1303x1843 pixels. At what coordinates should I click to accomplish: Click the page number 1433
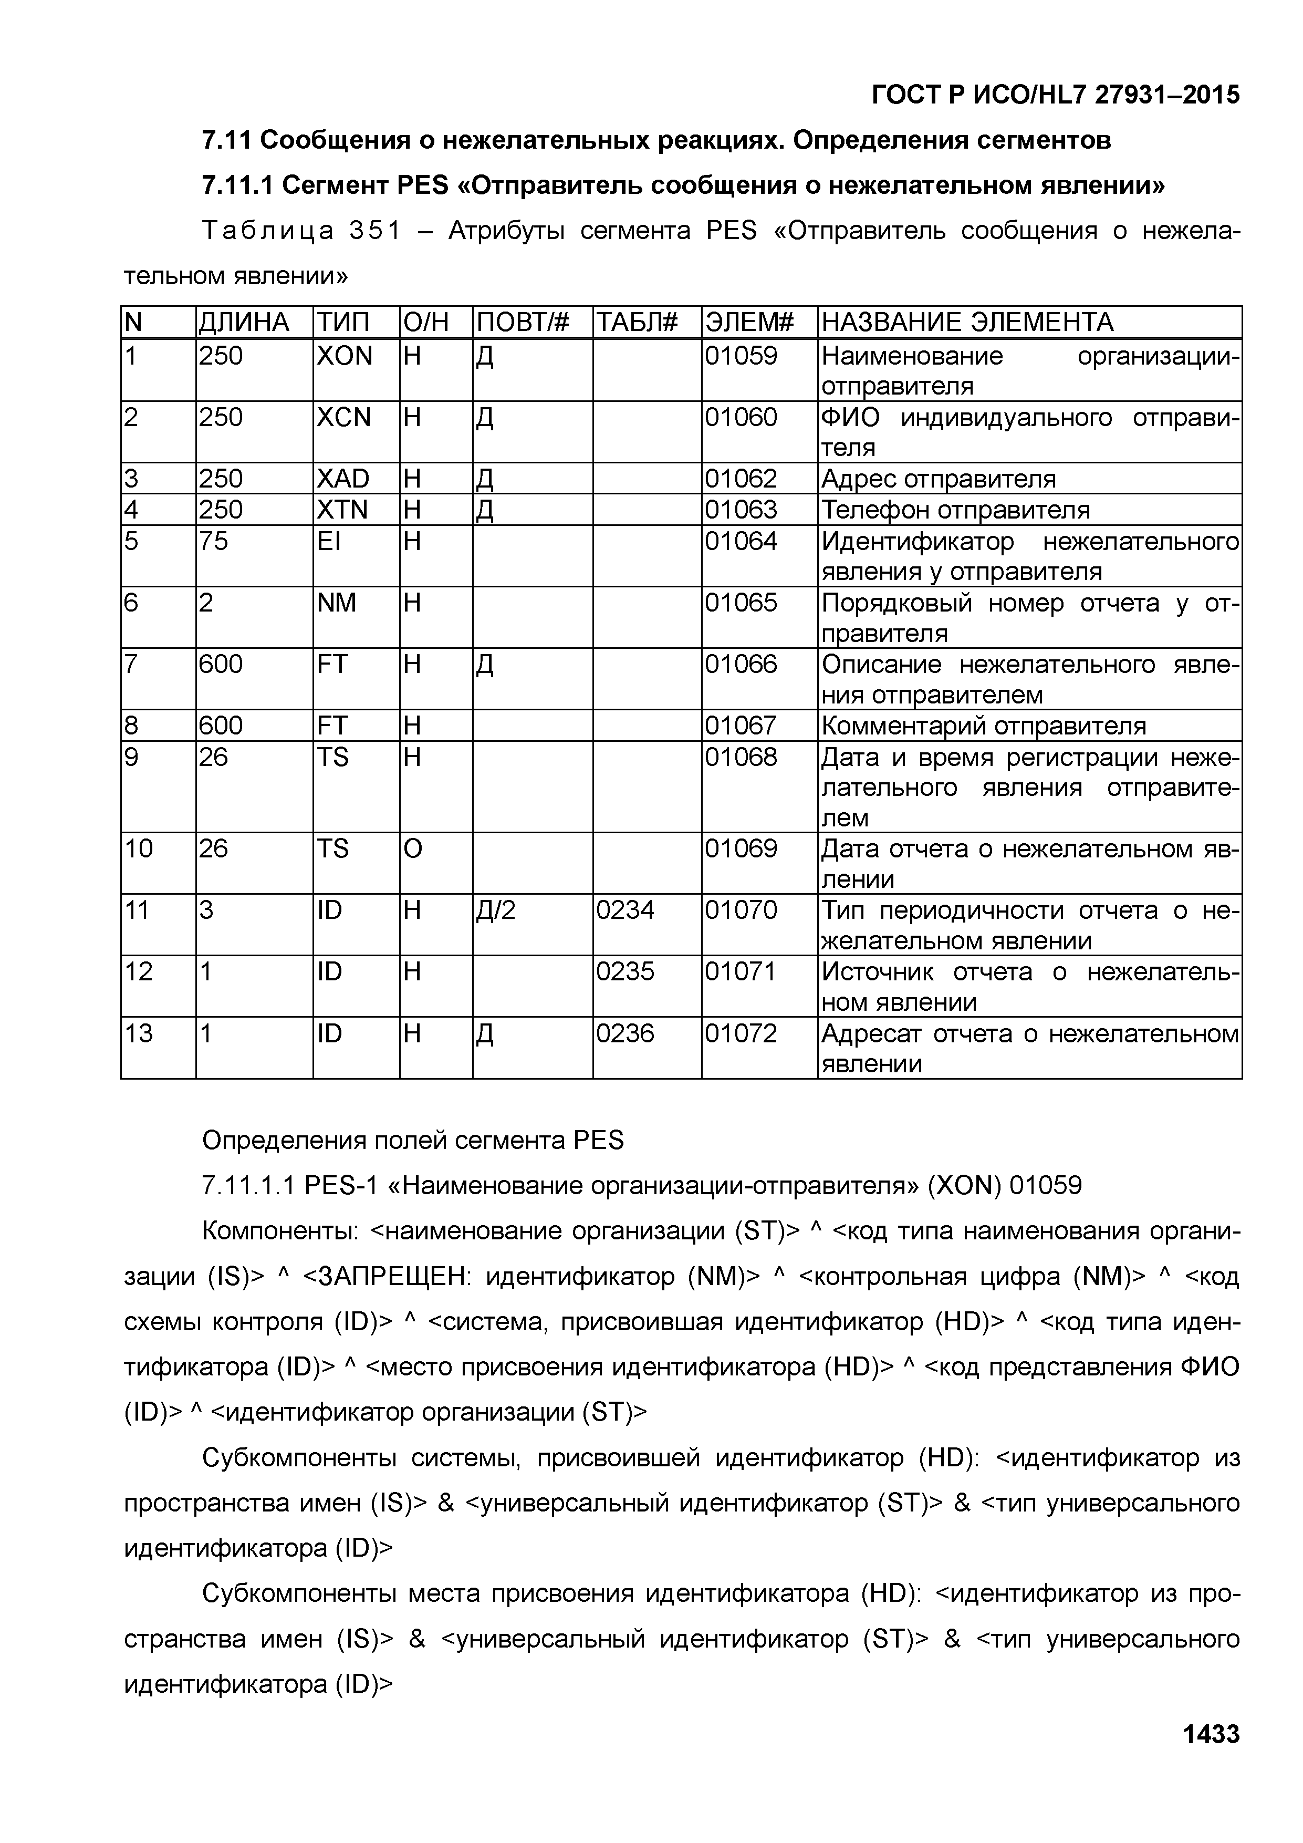1211,1734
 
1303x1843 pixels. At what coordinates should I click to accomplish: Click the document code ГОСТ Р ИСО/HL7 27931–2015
1055,95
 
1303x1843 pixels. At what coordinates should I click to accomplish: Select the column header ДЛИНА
244,323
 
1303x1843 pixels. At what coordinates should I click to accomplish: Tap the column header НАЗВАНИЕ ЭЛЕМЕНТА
967,323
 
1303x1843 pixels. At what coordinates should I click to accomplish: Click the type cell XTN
342,510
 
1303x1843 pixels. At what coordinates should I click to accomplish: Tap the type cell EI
329,541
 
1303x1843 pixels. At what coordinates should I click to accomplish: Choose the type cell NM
337,603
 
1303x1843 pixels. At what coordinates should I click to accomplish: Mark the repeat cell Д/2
496,910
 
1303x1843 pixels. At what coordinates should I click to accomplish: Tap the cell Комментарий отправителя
984,726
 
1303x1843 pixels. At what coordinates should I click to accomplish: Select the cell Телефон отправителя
956,510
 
